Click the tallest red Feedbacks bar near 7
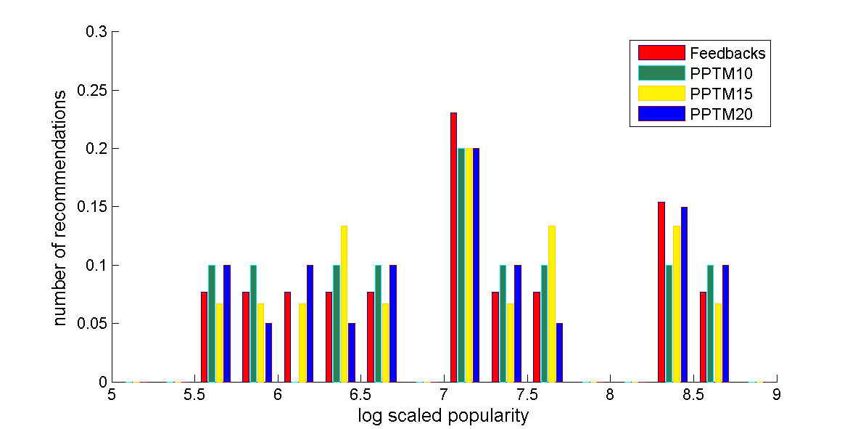pyautogui.click(x=454, y=247)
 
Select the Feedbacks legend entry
pyautogui.click(x=727, y=53)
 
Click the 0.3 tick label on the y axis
pyautogui.click(x=96, y=32)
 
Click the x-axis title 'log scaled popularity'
pyautogui.click(x=443, y=416)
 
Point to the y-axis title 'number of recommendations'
pyautogui.click(x=62, y=207)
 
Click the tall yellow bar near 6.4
pyautogui.click(x=344, y=303)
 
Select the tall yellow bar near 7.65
pyautogui.click(x=552, y=303)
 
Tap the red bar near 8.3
pyautogui.click(x=661, y=292)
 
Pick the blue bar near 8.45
pyautogui.click(x=684, y=294)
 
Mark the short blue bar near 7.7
pyautogui.click(x=559, y=352)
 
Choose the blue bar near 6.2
pyautogui.click(x=310, y=323)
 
